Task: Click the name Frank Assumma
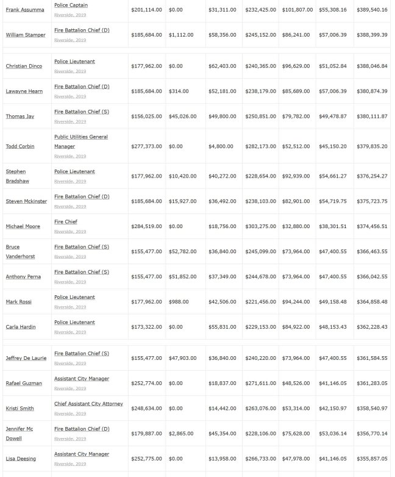(25, 10)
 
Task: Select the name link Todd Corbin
(20, 146)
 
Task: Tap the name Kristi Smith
(20, 409)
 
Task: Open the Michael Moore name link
(23, 226)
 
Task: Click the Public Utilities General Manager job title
(80, 142)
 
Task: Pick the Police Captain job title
(71, 5)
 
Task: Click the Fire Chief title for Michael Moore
(66, 221)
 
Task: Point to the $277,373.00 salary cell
(146, 146)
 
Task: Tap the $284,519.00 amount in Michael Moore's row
(146, 226)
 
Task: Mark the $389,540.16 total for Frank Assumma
(371, 10)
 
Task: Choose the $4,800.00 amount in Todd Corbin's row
(221, 146)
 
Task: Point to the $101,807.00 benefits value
(297, 10)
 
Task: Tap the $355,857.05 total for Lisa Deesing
(371, 459)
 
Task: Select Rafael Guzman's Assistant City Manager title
(82, 379)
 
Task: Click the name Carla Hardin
(21, 327)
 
